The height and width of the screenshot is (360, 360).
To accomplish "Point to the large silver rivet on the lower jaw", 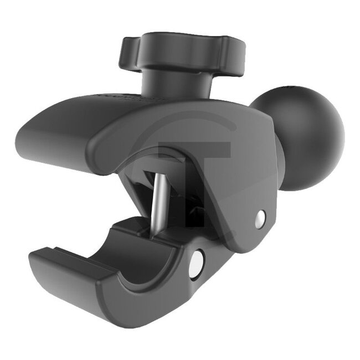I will pyautogui.click(x=195, y=263).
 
